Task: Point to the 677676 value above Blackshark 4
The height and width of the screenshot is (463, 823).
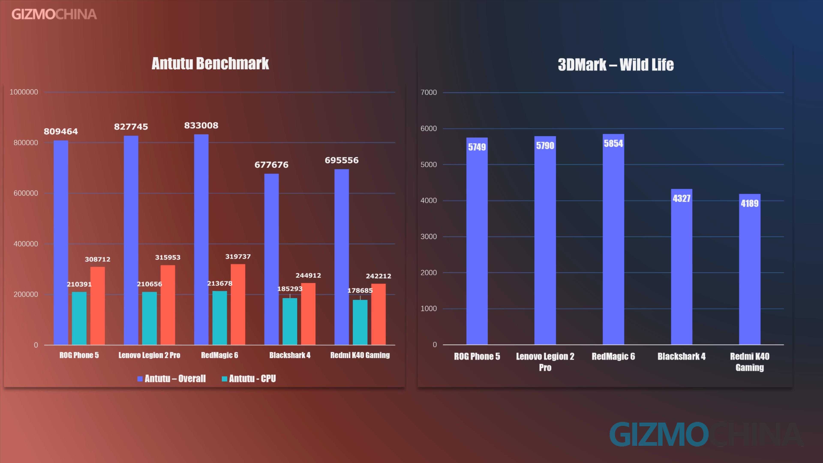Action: [271, 165]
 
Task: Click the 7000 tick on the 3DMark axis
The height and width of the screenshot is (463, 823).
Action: [428, 92]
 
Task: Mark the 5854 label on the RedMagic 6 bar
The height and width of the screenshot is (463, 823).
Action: [613, 143]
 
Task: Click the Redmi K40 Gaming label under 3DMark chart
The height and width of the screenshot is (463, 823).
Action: [749, 362]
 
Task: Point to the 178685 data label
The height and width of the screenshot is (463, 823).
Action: [360, 290]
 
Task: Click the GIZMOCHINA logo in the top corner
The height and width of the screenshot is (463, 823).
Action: [54, 14]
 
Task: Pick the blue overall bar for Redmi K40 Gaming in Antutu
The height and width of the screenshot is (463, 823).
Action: [342, 256]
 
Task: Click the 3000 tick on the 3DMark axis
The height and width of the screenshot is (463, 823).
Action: [428, 236]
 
